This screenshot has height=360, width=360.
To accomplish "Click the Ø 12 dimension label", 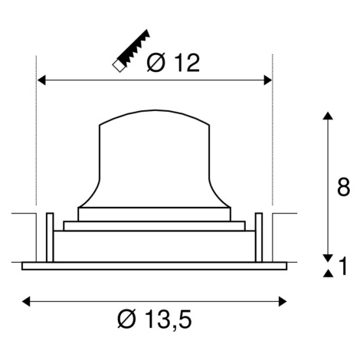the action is tap(173, 63).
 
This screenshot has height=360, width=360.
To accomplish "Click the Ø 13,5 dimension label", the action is tap(155, 319).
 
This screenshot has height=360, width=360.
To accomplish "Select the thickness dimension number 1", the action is tap(343, 266).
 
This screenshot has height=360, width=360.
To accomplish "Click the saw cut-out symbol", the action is tap(132, 51).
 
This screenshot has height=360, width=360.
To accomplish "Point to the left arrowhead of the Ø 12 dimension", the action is tap(41, 80).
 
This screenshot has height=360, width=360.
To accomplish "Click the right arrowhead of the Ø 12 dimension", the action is tap(267, 80).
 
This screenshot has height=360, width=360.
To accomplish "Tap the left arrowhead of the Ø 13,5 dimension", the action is tap(26, 301).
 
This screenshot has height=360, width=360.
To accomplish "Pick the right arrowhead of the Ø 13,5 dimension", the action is tap(283, 301).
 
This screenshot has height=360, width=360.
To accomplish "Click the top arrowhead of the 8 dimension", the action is tap(328, 115).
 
